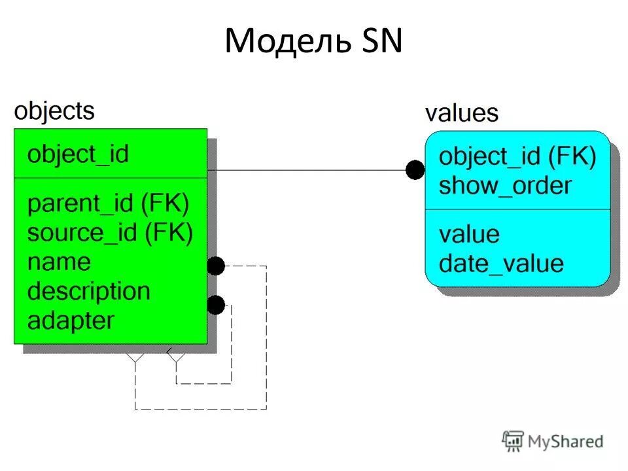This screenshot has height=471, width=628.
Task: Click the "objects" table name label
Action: pyautogui.click(x=54, y=111)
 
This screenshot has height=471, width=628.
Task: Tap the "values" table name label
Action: pyautogui.click(x=461, y=113)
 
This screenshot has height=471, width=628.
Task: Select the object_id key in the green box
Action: pyautogui.click(x=78, y=154)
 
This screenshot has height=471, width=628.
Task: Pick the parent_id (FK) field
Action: pyautogui.click(x=108, y=203)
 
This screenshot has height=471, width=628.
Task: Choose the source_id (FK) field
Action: pyautogui.click(x=110, y=232)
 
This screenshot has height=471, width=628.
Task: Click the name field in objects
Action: pyautogui.click(x=59, y=262)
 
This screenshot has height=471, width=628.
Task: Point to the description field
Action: pyautogui.click(x=88, y=291)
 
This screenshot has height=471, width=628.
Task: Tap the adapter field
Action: pyautogui.click(x=71, y=321)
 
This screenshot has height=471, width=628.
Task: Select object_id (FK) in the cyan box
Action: pyautogui.click(x=517, y=157)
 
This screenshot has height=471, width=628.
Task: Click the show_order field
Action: pyautogui.click(x=505, y=186)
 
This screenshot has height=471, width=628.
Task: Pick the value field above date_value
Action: pyautogui.click(x=469, y=234)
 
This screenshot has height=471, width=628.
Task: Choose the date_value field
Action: pyautogui.click(x=501, y=263)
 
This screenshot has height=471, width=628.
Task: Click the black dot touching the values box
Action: pyautogui.click(x=415, y=170)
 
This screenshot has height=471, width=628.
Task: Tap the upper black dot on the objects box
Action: pyautogui.click(x=216, y=266)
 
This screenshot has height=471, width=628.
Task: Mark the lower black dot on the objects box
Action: pyautogui.click(x=216, y=304)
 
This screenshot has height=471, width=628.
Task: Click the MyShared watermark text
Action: pyautogui.click(x=565, y=442)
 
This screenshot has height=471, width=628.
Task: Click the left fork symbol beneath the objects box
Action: pyautogui.click(x=135, y=357)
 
